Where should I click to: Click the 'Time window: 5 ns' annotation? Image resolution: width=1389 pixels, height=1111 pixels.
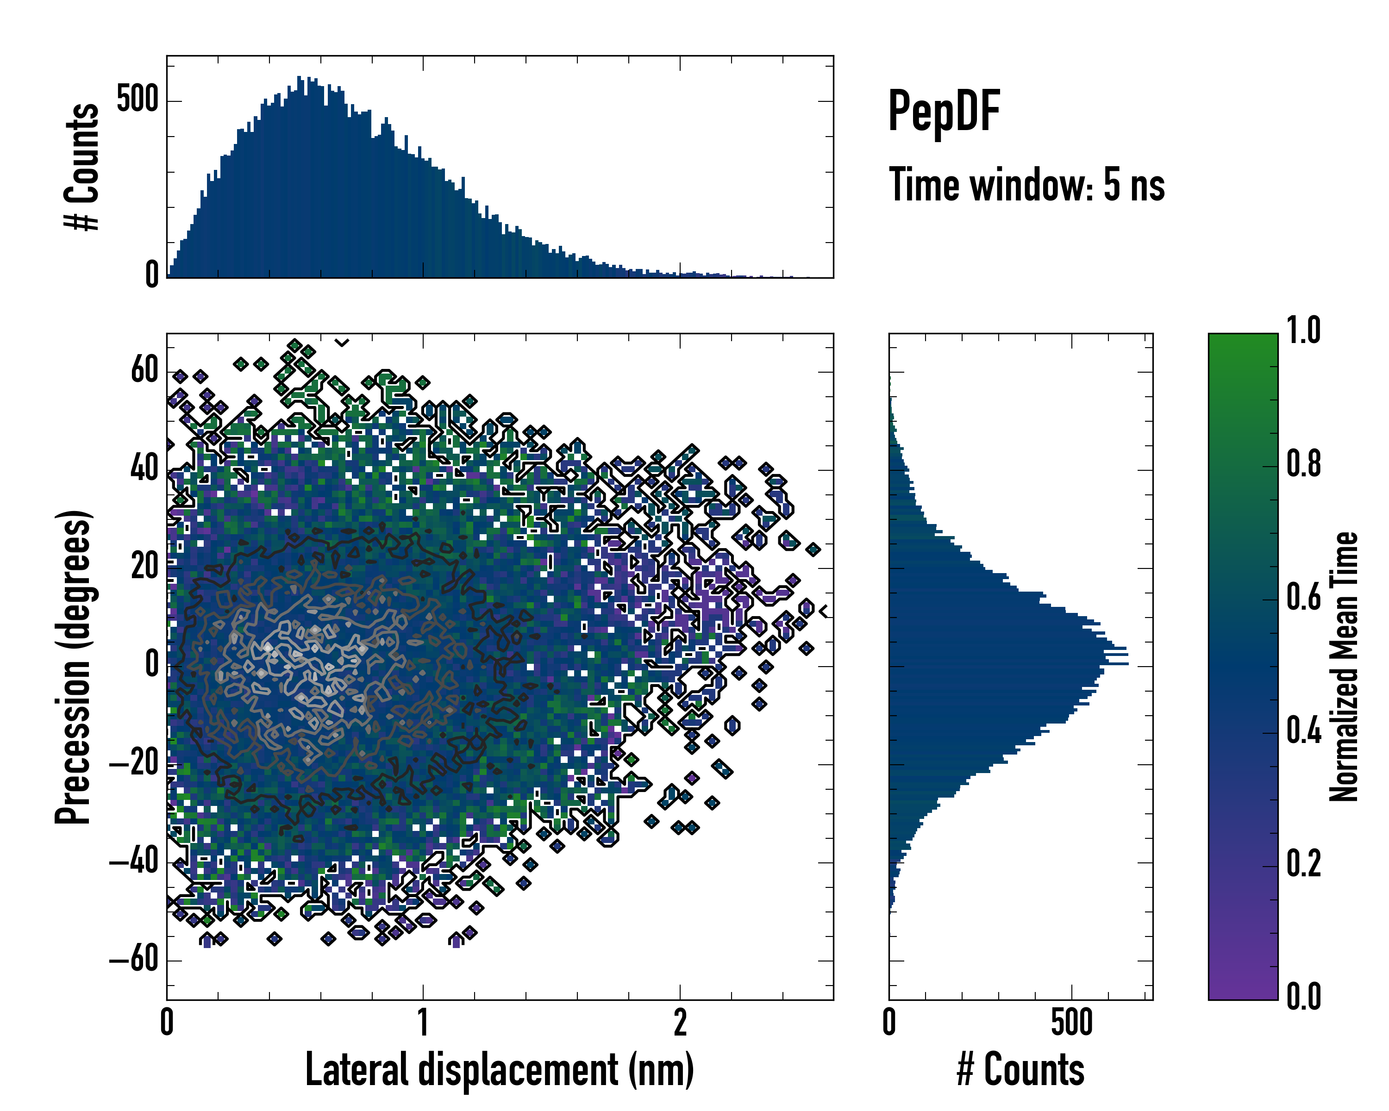click(1026, 185)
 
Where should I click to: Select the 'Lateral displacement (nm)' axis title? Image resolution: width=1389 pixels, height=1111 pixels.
click(499, 1070)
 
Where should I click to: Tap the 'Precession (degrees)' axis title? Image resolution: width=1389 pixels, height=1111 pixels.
click(73, 667)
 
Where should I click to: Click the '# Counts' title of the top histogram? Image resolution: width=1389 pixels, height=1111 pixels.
click(82, 167)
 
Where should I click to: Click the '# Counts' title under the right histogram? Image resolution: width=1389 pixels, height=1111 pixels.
click(1020, 1070)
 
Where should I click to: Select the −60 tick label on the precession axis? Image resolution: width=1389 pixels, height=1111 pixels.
click(134, 960)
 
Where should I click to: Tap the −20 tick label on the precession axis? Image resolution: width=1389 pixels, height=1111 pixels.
click(134, 764)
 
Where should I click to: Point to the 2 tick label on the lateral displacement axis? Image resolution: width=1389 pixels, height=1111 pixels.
click(680, 1024)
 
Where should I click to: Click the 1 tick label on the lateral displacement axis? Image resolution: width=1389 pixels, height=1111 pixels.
click(423, 1024)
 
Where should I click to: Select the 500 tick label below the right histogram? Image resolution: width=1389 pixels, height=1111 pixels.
click(1071, 1024)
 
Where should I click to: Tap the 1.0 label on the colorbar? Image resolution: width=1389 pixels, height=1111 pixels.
click(1303, 332)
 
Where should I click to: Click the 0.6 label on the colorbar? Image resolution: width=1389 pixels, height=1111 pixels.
click(1303, 598)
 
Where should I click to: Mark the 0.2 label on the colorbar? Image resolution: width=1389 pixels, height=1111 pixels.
click(1303, 864)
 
